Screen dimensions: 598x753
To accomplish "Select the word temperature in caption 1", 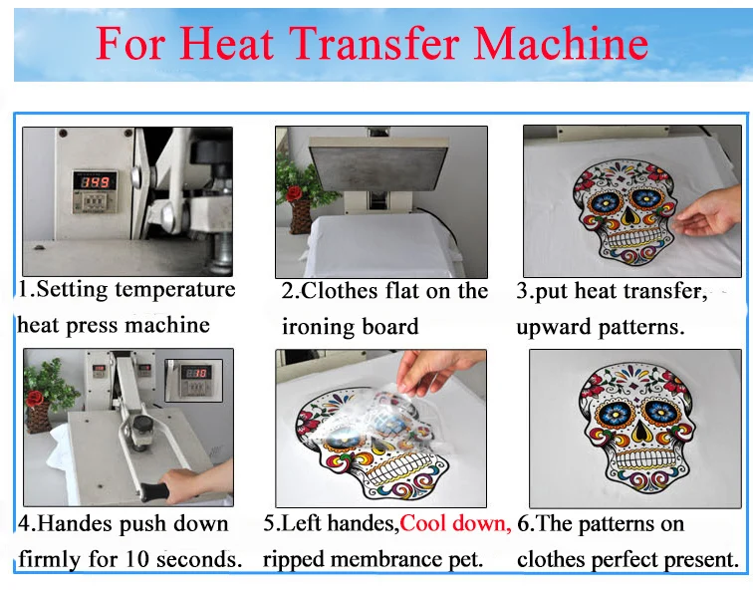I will (x=175, y=290).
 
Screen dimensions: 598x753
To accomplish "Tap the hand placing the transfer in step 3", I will (x=709, y=212).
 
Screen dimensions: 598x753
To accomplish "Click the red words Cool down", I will (x=455, y=524).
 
